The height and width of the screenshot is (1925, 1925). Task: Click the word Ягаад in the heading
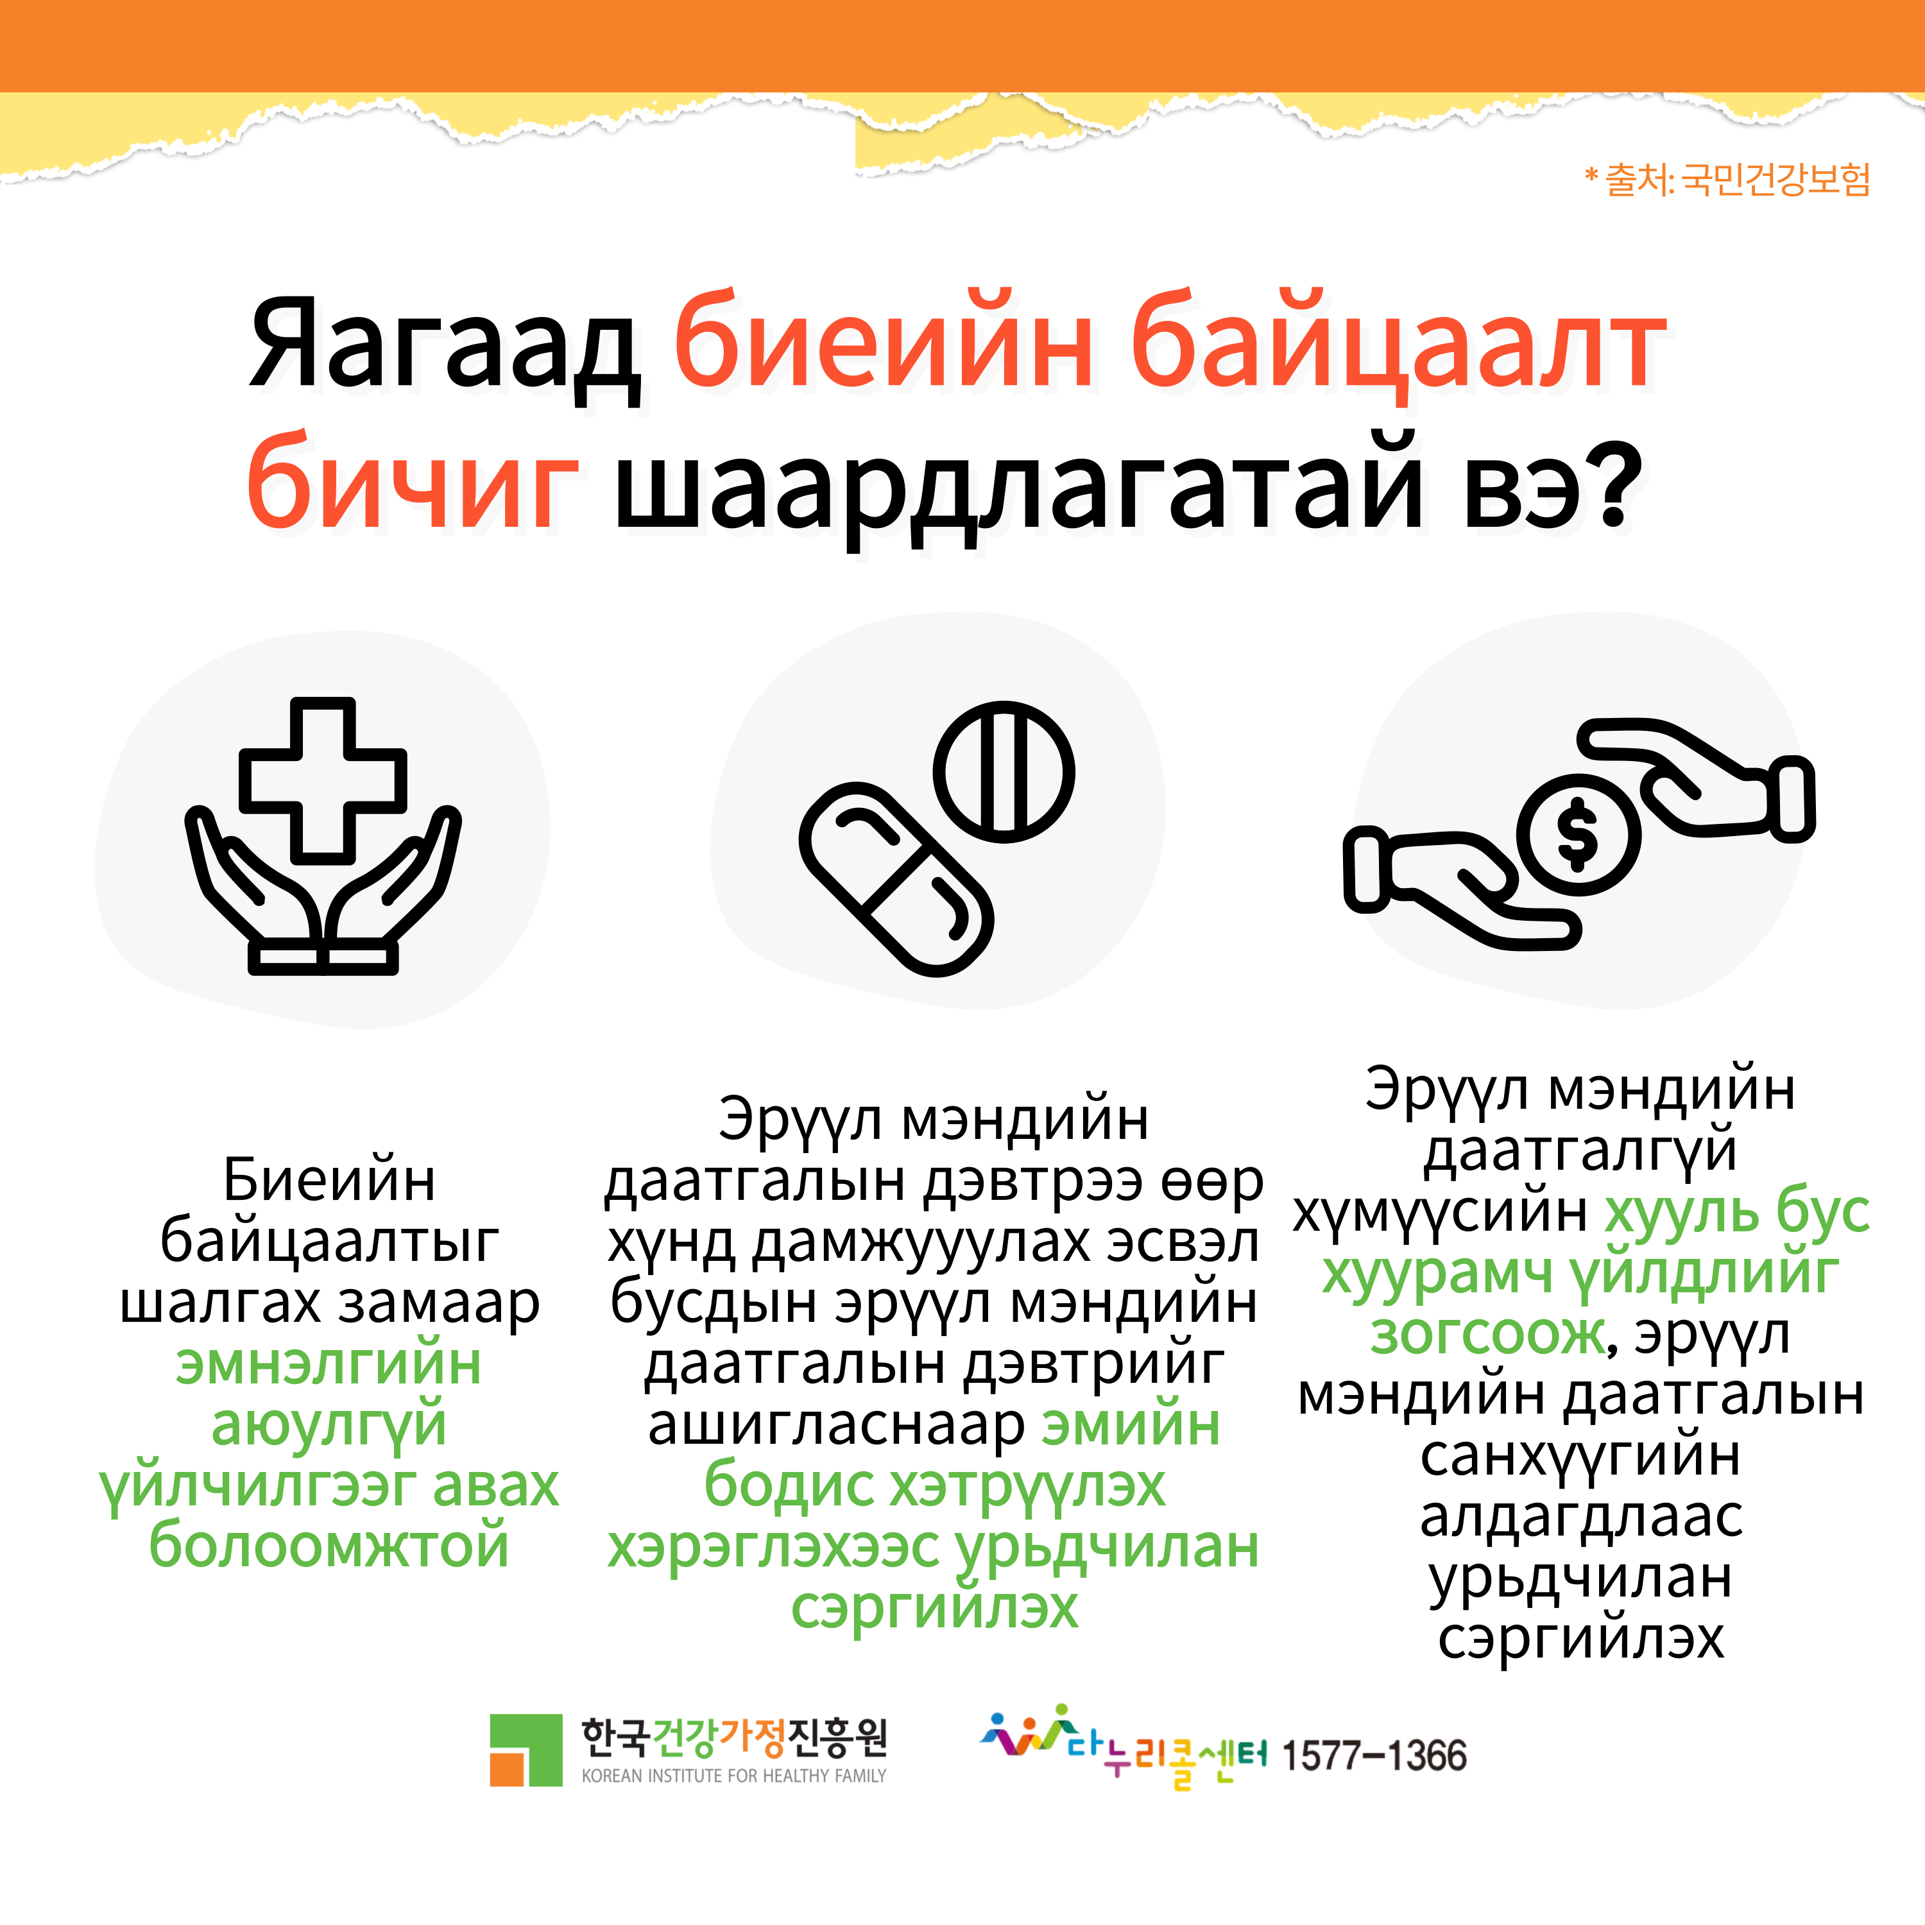coord(445,345)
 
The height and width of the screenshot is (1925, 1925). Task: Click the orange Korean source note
coord(1727,180)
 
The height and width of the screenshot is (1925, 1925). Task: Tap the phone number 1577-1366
coord(1373,1756)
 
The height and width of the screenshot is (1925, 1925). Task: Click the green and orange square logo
coord(526,1750)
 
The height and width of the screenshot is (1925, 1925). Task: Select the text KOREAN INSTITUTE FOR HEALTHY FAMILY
coord(733,1775)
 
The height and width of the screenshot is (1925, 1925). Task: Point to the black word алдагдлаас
coord(1581,1518)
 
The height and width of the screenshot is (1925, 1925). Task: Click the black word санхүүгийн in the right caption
coord(1581,1457)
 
